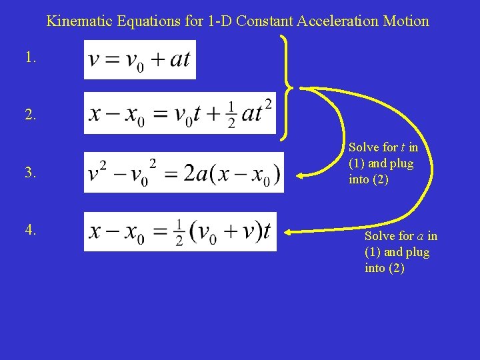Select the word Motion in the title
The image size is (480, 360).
(405, 21)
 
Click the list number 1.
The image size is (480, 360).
(30, 58)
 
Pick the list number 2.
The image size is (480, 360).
(30, 115)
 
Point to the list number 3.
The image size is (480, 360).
(30, 173)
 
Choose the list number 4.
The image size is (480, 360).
(30, 230)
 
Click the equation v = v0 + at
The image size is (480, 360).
(140, 59)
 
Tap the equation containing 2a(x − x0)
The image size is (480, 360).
(183, 173)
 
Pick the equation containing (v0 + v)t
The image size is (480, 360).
(180, 231)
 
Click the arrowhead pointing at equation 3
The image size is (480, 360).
(301, 176)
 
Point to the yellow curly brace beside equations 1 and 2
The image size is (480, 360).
(287, 87)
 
